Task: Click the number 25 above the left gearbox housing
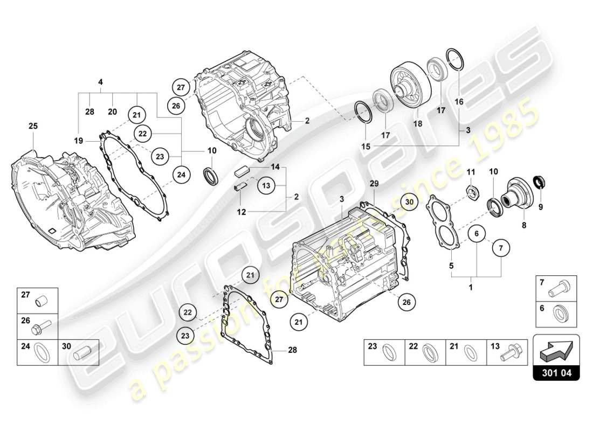click(33, 126)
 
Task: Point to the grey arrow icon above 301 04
click(555, 351)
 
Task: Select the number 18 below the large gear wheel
click(417, 123)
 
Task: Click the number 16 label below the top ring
click(459, 101)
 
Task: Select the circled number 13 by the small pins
click(265, 185)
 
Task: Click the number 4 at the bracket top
click(100, 82)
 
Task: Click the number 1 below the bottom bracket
click(471, 287)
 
